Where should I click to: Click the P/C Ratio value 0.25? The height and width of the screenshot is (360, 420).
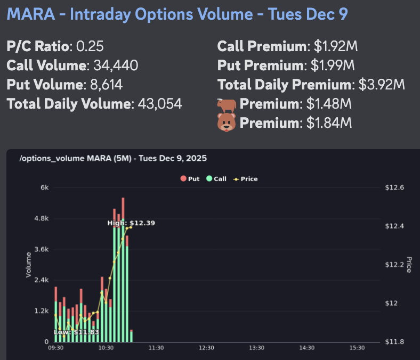click(90, 46)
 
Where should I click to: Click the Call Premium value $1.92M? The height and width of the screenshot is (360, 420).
click(335, 46)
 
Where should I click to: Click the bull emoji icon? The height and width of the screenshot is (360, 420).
click(227, 103)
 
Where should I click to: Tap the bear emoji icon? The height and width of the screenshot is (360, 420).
click(227, 123)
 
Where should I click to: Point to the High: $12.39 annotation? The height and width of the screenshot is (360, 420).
click(131, 223)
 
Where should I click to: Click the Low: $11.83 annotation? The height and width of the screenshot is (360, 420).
click(77, 332)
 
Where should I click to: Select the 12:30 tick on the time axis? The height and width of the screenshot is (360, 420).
click(206, 348)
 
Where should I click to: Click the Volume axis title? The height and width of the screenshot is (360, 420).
click(29, 264)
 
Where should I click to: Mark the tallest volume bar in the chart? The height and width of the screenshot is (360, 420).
click(123, 266)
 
